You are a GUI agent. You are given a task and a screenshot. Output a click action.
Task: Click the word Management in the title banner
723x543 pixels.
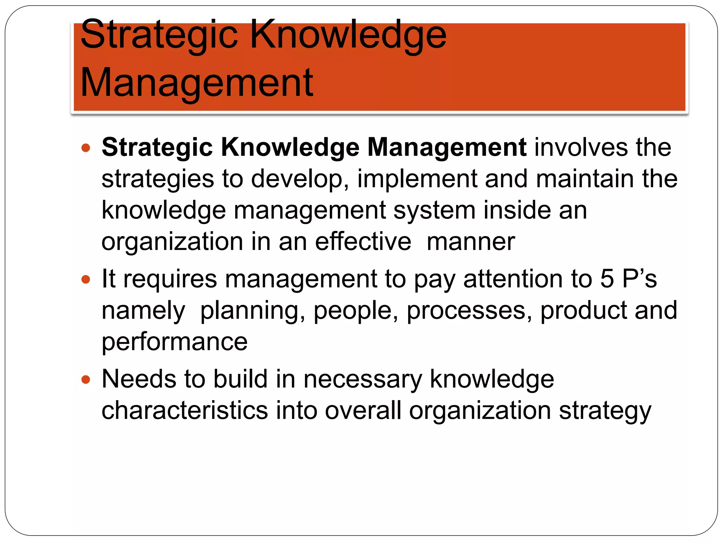pos(197,83)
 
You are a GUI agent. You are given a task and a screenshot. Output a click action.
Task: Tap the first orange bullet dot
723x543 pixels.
pos(86,147)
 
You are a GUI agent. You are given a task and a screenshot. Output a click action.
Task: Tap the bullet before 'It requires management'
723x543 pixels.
pos(86,280)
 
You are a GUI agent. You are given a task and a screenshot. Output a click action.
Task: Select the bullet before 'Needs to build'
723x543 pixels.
pos(86,380)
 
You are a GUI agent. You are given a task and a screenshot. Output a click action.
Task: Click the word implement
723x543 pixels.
pos(417,179)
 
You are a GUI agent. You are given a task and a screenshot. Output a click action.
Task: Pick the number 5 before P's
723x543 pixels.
pos(607,279)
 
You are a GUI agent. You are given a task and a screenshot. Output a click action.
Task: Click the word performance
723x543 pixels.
pos(174,342)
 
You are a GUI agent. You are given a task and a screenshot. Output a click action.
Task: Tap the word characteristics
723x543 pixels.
pos(185,411)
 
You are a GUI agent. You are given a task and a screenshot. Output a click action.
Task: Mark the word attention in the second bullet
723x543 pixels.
pos(513,279)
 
